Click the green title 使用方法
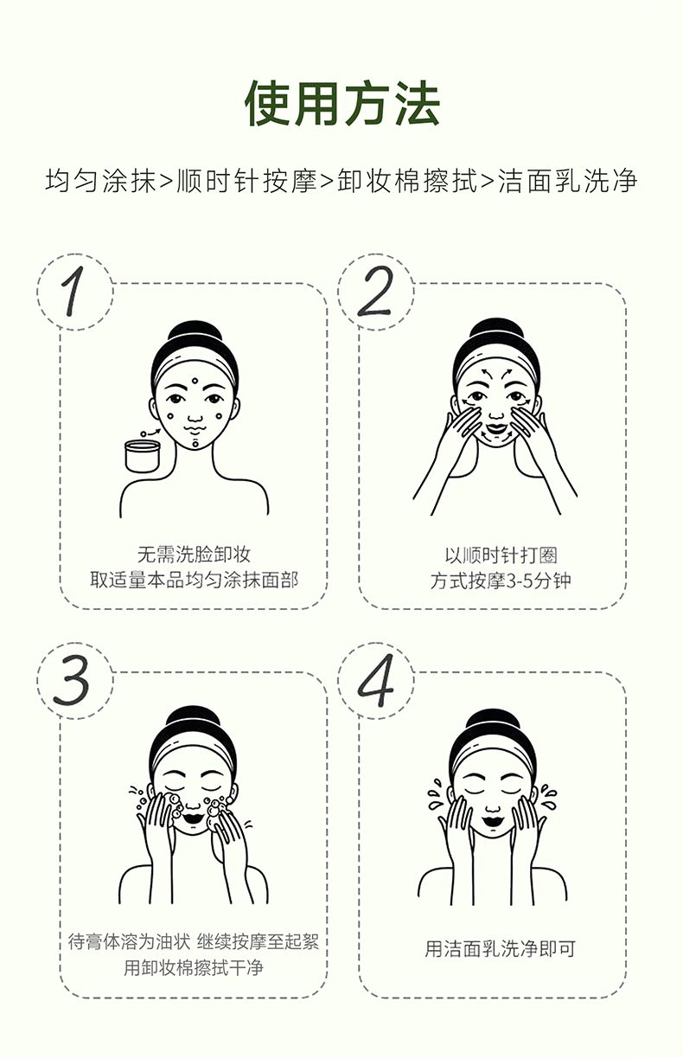tap(343, 104)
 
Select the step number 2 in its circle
tap(375, 291)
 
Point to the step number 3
tap(72, 680)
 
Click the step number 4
tap(375, 680)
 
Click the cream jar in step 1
tap(143, 456)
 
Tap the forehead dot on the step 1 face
tap(195, 381)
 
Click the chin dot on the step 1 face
tap(195, 444)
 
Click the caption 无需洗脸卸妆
tap(195, 555)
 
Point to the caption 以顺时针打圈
tap(501, 555)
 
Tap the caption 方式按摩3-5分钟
tap(501, 581)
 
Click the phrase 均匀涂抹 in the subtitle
tap(100, 181)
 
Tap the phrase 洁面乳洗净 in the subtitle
tap(567, 181)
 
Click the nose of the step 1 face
tap(195, 416)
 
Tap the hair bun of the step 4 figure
tap(492, 722)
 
